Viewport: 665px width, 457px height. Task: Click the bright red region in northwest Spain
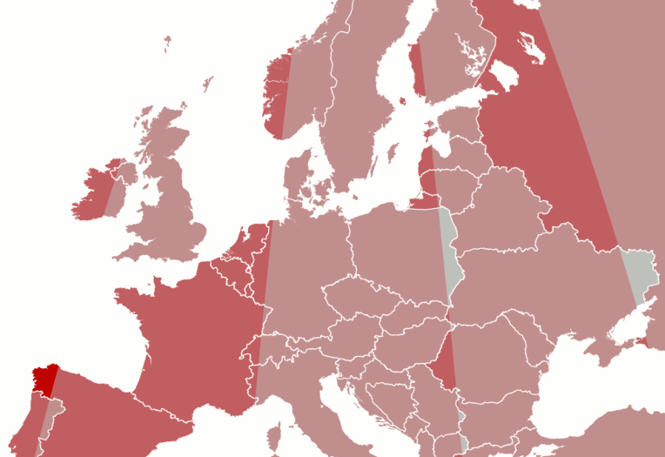(x=43, y=380)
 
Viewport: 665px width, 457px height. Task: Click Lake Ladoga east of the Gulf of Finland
(x=503, y=73)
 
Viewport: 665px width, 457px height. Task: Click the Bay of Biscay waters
(x=96, y=348)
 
